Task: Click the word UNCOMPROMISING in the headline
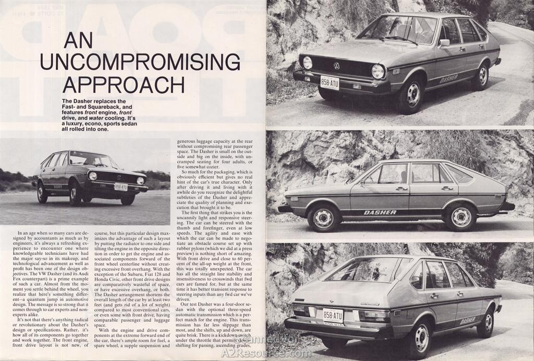pos(140,62)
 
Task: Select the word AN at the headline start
pos(78,40)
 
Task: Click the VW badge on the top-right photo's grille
pos(336,66)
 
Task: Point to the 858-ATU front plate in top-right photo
pos(330,82)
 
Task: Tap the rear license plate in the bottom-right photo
pos(333,316)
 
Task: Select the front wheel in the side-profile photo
pos(323,217)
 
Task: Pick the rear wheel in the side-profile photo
pos(460,217)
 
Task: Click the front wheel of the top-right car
pos(411,94)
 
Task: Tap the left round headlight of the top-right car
pos(307,63)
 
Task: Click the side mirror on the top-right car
pos(444,43)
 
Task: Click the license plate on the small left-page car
pos(120,187)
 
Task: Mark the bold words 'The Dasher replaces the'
pos(94,101)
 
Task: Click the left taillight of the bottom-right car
pos(301,310)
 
